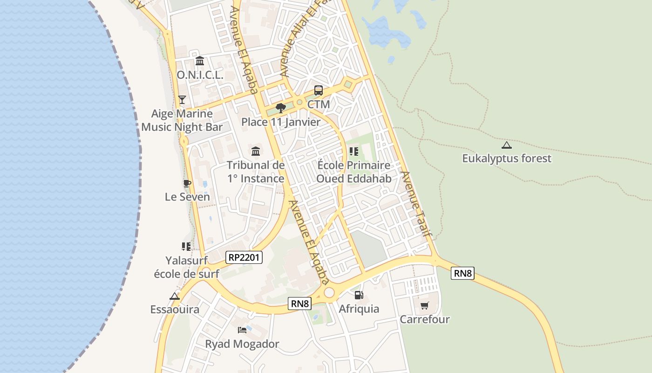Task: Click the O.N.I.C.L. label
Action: pyautogui.click(x=200, y=75)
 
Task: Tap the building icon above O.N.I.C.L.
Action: pyautogui.click(x=200, y=61)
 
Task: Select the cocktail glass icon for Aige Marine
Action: pyautogui.click(x=182, y=100)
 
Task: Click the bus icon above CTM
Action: pyautogui.click(x=319, y=90)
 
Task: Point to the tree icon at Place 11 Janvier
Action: pyautogui.click(x=280, y=108)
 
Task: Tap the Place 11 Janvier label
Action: pyautogui.click(x=281, y=122)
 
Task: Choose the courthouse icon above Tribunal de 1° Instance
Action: pyautogui.click(x=256, y=151)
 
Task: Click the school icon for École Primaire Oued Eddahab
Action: pyautogui.click(x=353, y=152)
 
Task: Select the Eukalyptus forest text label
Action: pyautogui.click(x=506, y=159)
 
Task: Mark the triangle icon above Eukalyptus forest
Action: pyautogui.click(x=507, y=145)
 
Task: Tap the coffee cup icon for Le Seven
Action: pyautogui.click(x=187, y=183)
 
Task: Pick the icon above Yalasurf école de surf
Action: pyautogui.click(x=186, y=246)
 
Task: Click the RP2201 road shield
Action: pyautogui.click(x=244, y=257)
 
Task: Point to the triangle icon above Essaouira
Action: pyautogui.click(x=175, y=296)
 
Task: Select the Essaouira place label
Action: pyautogui.click(x=175, y=310)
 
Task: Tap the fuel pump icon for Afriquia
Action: pyautogui.click(x=359, y=295)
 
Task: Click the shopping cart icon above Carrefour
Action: pyautogui.click(x=424, y=306)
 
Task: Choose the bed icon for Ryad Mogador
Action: pyautogui.click(x=242, y=330)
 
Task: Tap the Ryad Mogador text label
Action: pyautogui.click(x=242, y=344)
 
